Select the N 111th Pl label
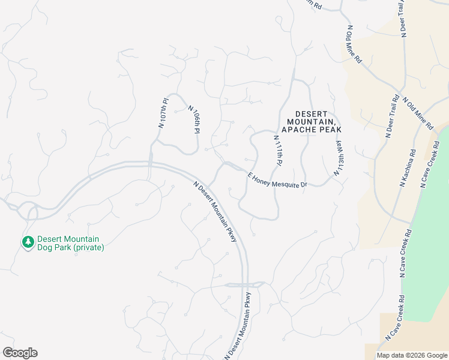tap(277, 151)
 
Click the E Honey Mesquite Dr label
tap(277, 179)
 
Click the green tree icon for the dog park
tap(27, 242)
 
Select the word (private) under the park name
tap(89, 248)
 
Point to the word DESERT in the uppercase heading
tap(312, 114)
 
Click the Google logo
tap(20, 353)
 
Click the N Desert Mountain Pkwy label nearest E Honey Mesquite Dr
tap(215, 212)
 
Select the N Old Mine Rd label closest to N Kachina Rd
tap(418, 113)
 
